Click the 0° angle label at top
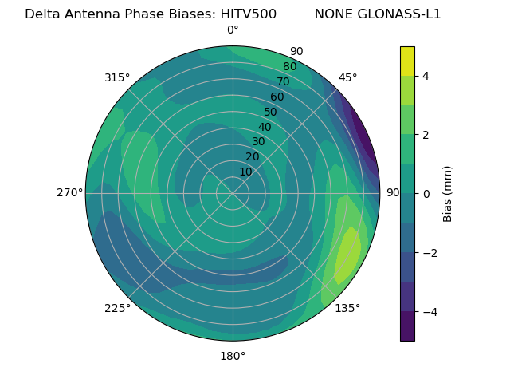[x=233, y=30]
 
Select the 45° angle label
[x=347, y=77]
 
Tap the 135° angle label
[x=347, y=308]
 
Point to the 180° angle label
[x=233, y=356]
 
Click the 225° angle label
[x=117, y=308]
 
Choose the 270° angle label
[x=69, y=192]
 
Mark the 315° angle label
[x=117, y=77]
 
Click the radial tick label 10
[x=245, y=172]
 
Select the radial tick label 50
[x=271, y=112]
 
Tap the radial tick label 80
[x=289, y=67]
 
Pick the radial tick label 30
[x=258, y=142]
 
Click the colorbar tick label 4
[x=426, y=76]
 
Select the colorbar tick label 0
[x=426, y=194]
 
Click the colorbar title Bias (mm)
[x=448, y=194]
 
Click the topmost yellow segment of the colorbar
[x=407, y=61]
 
